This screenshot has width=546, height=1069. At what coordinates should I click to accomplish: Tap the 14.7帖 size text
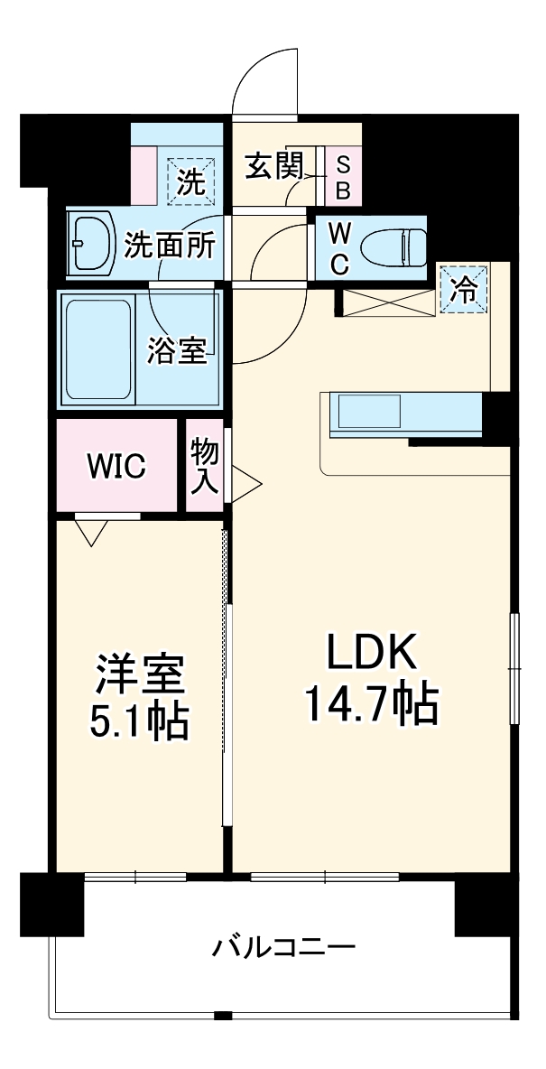tap(370, 705)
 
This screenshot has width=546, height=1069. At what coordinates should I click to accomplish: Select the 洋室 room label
tap(140, 674)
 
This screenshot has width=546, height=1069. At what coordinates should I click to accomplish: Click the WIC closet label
tap(116, 467)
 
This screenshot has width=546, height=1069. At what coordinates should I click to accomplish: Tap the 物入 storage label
tap(205, 467)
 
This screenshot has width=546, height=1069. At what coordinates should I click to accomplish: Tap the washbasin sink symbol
tap(90, 243)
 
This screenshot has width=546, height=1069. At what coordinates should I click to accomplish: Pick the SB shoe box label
tap(344, 178)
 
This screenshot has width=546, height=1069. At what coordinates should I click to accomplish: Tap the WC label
tap(338, 246)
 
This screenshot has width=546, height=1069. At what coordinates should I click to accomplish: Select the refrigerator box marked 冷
tap(463, 289)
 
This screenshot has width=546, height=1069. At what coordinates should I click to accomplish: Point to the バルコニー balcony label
tap(284, 948)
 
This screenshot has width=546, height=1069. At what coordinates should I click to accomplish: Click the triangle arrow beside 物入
tap(246, 480)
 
